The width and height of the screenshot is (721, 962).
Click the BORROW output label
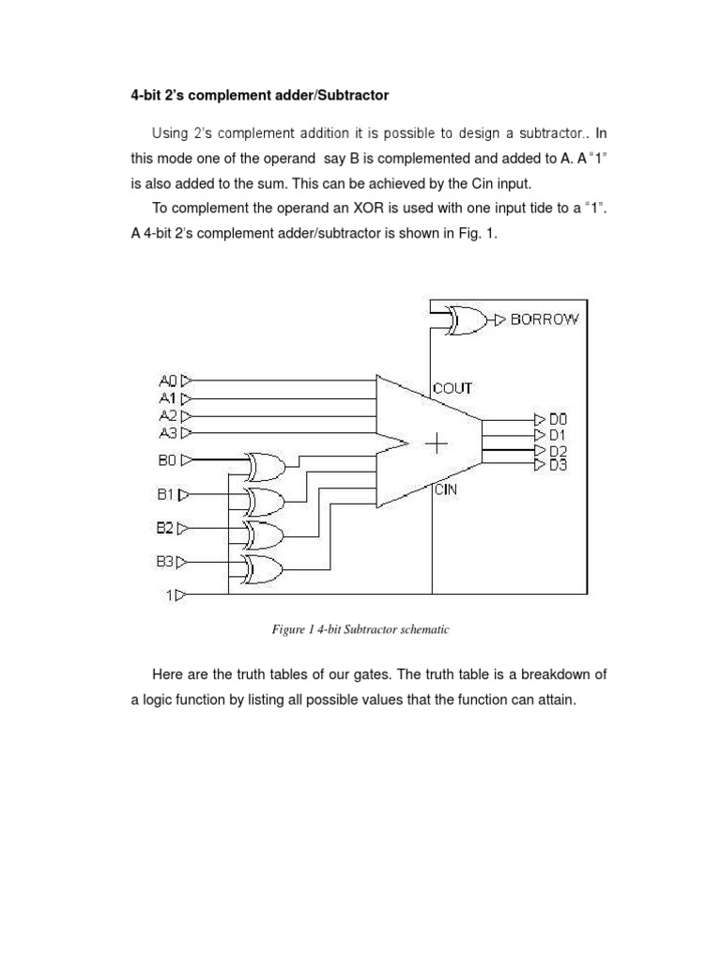(545, 319)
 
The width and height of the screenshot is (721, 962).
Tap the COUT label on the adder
(453, 388)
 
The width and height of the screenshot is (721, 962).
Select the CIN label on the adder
(445, 489)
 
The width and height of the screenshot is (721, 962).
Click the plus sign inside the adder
(437, 442)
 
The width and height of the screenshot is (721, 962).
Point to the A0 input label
(168, 380)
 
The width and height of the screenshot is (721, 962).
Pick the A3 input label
(168, 432)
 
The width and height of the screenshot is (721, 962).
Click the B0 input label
(167, 459)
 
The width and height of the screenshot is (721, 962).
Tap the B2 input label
(165, 528)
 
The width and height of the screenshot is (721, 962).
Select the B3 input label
(165, 562)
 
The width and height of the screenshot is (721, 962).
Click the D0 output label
(559, 419)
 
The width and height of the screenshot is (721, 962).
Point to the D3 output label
(559, 465)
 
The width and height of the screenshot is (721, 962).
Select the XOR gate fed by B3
(264, 567)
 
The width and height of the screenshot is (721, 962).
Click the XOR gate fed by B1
(264, 500)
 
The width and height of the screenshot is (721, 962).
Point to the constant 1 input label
(171, 595)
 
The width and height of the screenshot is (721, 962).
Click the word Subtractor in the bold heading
(353, 95)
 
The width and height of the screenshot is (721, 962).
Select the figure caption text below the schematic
(360, 629)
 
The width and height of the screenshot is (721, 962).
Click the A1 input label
(168, 397)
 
